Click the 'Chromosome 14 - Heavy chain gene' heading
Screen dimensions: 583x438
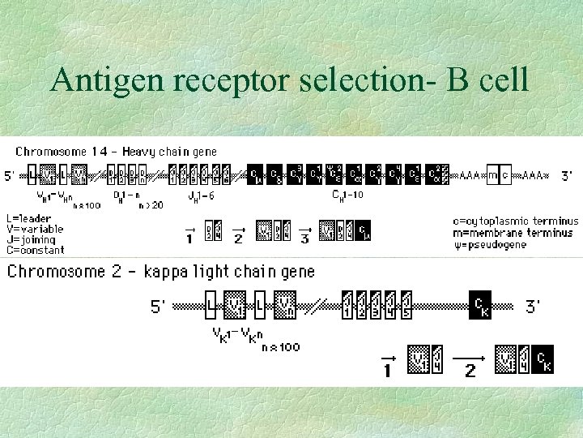point(117,151)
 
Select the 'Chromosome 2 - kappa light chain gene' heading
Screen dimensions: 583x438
point(162,271)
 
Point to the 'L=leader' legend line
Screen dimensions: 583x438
point(28,218)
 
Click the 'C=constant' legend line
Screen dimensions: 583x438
point(34,250)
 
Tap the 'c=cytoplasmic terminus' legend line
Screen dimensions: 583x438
point(517,220)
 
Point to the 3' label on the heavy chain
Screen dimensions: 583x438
point(568,175)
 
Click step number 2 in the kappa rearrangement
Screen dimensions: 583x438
point(470,371)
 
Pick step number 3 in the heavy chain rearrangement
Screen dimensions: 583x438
point(304,238)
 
